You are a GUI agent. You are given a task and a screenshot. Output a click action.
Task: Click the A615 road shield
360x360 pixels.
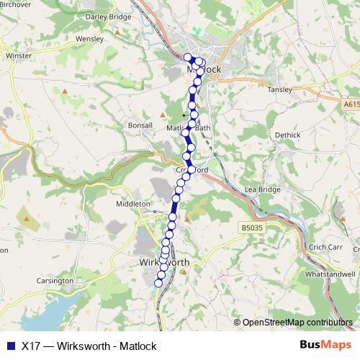pyautogui.click(x=349, y=104)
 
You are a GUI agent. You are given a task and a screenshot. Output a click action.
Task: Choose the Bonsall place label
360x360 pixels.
pyautogui.click(x=140, y=125)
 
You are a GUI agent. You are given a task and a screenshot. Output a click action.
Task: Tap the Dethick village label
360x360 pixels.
pyautogui.click(x=287, y=135)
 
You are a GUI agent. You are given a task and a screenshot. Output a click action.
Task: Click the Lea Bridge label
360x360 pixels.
pyautogui.click(x=261, y=189)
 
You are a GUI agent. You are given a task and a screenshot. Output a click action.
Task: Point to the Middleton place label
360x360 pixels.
pyautogui.click(x=132, y=204)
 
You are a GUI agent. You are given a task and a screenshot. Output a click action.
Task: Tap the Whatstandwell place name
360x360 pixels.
pyautogui.click(x=330, y=274)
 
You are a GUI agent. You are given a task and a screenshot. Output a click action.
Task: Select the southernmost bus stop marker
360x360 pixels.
pyautogui.click(x=159, y=283)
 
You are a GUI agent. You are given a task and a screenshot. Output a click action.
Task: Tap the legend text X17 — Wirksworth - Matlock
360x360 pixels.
pyautogui.click(x=89, y=345)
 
